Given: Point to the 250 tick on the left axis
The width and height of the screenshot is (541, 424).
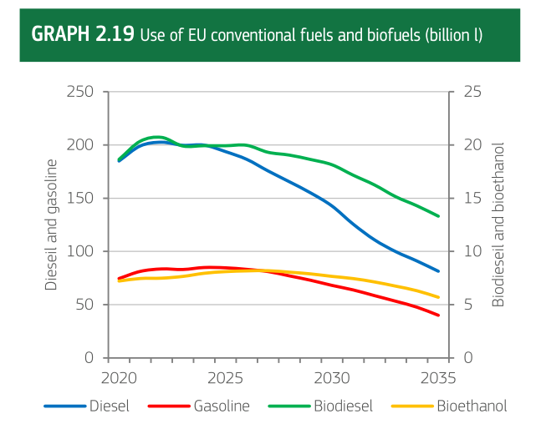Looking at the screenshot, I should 79,91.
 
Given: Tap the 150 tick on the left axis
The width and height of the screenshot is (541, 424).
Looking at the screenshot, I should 79,198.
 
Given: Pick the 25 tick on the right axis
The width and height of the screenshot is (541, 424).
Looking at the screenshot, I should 472,91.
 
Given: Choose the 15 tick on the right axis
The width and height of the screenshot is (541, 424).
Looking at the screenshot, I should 472,198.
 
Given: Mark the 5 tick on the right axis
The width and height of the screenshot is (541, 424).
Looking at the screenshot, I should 468,305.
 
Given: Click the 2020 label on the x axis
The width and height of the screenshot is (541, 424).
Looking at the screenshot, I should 119,377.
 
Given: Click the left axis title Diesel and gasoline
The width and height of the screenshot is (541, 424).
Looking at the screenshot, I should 51,225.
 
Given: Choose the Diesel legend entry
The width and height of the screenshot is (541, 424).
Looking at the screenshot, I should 109,406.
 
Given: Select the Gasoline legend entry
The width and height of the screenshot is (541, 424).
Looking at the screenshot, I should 222,406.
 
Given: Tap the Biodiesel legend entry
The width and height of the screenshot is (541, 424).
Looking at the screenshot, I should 343,406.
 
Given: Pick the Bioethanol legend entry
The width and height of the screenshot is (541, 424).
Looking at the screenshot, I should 472,406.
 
